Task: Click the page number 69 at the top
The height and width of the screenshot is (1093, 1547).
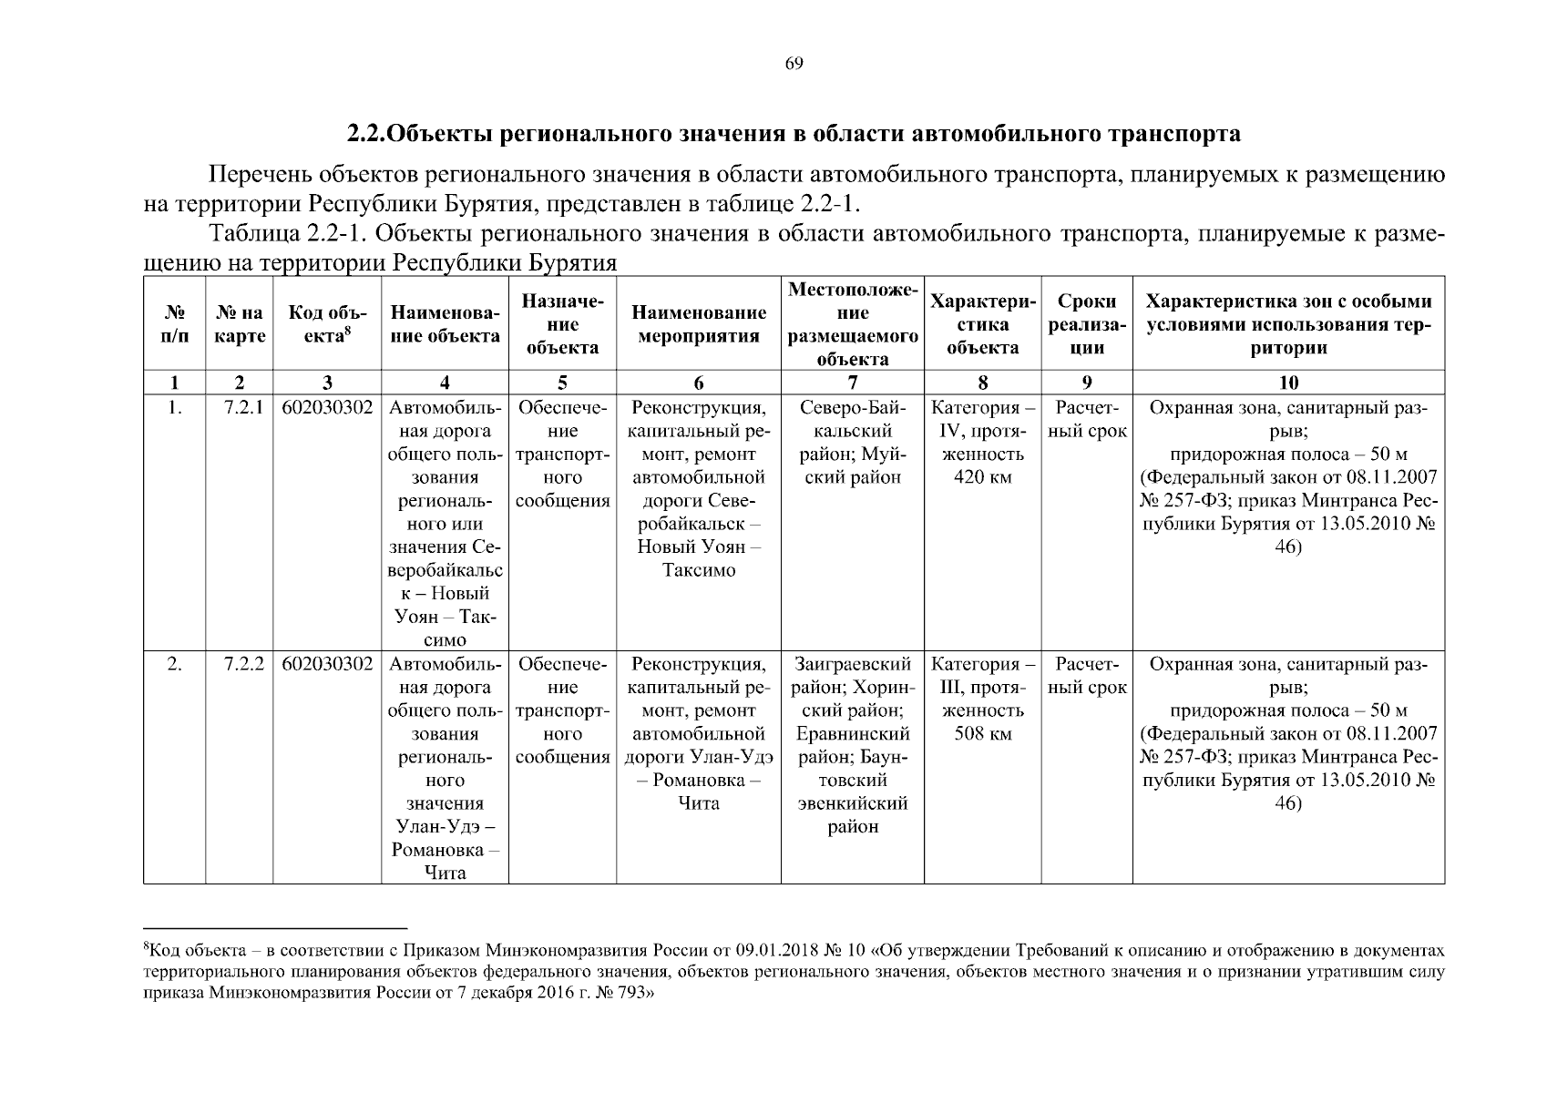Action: [x=794, y=64]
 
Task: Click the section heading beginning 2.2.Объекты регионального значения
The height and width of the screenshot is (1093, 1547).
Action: [x=794, y=135]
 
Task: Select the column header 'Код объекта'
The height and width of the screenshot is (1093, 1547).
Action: [x=327, y=324]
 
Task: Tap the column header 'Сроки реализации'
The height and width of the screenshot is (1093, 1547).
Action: [x=1087, y=324]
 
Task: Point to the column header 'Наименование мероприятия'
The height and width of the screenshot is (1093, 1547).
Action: [x=699, y=324]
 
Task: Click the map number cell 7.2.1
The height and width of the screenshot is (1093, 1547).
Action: [x=243, y=408]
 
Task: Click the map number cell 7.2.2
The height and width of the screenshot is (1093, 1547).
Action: [x=243, y=665]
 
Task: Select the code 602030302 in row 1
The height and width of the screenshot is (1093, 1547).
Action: [x=327, y=408]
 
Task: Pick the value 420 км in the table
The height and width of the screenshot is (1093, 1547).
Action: [x=982, y=477]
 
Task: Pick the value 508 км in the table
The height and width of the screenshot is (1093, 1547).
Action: [x=982, y=734]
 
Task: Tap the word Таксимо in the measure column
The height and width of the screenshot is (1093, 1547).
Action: [x=699, y=570]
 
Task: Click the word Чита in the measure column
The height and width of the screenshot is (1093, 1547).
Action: [x=699, y=803]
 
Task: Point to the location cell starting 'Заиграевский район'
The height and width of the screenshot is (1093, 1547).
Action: [x=853, y=665]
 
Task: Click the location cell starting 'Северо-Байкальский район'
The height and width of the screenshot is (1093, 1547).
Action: [x=853, y=408]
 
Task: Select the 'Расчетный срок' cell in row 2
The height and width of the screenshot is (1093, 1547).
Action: [x=1087, y=676]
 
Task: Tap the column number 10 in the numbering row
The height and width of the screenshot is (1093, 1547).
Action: [x=1288, y=383]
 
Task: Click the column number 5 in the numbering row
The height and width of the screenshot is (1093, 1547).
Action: [x=562, y=383]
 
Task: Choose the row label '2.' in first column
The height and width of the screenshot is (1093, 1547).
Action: [x=174, y=665]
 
